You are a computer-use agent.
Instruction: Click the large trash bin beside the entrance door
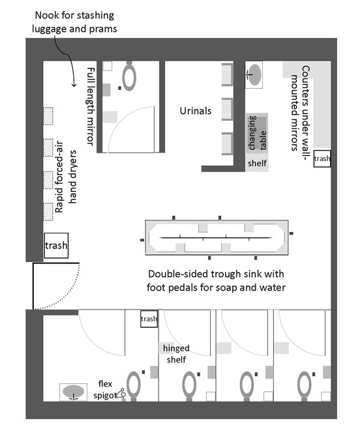point(56,245)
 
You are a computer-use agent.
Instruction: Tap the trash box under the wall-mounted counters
point(322,158)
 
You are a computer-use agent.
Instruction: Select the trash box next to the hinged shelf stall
point(149,319)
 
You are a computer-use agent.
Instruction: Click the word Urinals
point(196,111)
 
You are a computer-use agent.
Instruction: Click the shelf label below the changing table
point(257,163)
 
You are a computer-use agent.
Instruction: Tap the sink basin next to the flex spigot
point(73,392)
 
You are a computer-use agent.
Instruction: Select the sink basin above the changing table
point(254,75)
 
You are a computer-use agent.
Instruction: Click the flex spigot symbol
point(121,393)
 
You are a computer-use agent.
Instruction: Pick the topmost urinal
point(227,74)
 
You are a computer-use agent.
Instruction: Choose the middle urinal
point(227,110)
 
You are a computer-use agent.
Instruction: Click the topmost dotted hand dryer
point(48,116)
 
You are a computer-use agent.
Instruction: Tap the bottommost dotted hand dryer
point(48,212)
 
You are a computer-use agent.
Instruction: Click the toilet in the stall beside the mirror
point(129,76)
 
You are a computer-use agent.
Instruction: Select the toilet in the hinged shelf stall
point(189,386)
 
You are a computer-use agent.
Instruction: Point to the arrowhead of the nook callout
point(74,85)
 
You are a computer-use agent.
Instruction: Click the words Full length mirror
point(90,106)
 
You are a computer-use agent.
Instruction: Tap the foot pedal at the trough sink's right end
point(292,233)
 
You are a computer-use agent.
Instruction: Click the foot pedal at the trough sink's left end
point(142,240)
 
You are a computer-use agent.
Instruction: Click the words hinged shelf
point(176,354)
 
